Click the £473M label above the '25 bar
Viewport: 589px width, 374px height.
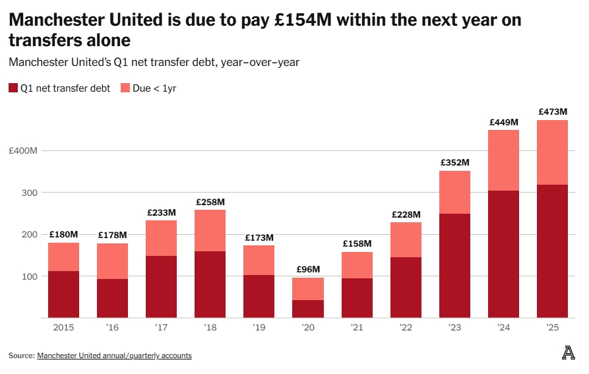pyautogui.click(x=552, y=112)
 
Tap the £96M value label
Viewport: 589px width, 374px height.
pyautogui.click(x=307, y=269)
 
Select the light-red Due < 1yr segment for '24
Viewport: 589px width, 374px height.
pyautogui.click(x=503, y=160)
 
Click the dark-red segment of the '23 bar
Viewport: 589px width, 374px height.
pyautogui.click(x=454, y=265)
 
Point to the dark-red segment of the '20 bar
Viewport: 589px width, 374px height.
pyautogui.click(x=307, y=309)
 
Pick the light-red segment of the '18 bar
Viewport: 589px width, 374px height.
pyautogui.click(x=210, y=230)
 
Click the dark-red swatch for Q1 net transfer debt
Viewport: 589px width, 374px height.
pyautogui.click(x=13, y=88)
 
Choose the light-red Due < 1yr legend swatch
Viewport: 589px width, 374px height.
pyautogui.click(x=124, y=88)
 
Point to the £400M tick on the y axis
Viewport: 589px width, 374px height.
pyautogui.click(x=24, y=151)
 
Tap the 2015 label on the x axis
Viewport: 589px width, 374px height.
pyautogui.click(x=63, y=327)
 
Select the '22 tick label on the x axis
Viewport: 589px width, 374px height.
pyautogui.click(x=406, y=327)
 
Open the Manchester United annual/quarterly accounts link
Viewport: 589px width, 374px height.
pyautogui.click(x=114, y=356)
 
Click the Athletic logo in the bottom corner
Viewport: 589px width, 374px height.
pyautogui.click(x=568, y=354)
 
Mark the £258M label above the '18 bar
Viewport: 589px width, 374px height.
pyautogui.click(x=210, y=202)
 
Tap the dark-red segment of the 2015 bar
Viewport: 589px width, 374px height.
pyautogui.click(x=63, y=294)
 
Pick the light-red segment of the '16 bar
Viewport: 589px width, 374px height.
pyautogui.click(x=112, y=261)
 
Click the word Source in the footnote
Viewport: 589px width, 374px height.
pyautogui.click(x=21, y=356)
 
